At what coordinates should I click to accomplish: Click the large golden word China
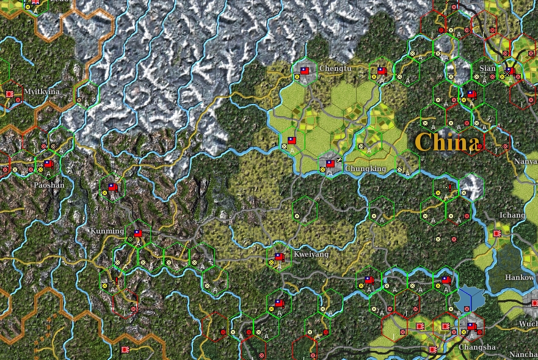click(x=447, y=142)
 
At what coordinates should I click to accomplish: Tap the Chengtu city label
click(x=335, y=69)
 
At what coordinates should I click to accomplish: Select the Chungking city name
click(x=365, y=169)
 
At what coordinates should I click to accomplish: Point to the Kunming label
click(x=107, y=232)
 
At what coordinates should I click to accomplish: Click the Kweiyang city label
click(x=311, y=254)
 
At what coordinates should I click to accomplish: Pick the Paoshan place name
click(x=49, y=185)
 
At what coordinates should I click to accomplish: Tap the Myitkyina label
click(x=42, y=92)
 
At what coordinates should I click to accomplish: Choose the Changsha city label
click(x=479, y=347)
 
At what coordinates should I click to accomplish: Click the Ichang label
click(x=512, y=216)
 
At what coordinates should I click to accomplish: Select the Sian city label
click(x=487, y=68)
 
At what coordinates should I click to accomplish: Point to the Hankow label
click(x=520, y=277)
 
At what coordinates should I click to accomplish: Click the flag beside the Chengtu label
click(x=305, y=70)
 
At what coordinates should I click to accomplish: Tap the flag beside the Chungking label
click(x=330, y=164)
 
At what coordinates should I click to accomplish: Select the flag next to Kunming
click(x=138, y=233)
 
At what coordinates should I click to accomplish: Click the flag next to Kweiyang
click(x=280, y=257)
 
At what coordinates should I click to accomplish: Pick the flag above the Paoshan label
click(x=49, y=164)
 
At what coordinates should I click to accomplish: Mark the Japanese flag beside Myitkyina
click(x=10, y=94)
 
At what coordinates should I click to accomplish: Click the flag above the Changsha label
click(x=471, y=326)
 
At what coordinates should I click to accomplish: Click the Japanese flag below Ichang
click(x=498, y=233)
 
